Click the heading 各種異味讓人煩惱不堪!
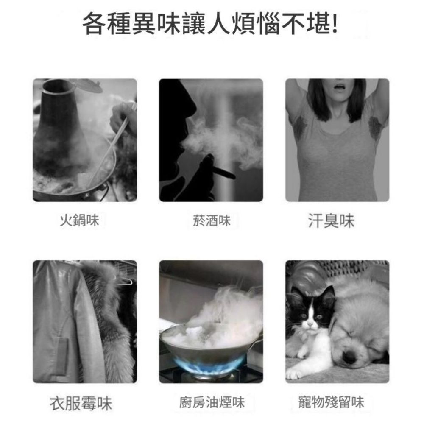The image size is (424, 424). point(211,24)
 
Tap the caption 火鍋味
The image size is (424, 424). point(79,220)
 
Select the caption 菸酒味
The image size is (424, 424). point(211,220)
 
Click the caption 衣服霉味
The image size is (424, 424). point(81,403)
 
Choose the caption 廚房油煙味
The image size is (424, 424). point(211,402)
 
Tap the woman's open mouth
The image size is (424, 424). point(337,87)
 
